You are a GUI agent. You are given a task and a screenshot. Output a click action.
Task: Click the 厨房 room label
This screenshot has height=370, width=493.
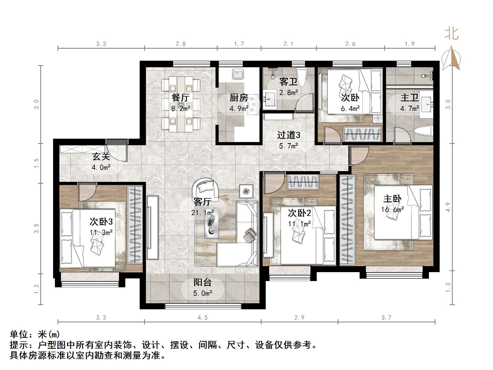pyautogui.click(x=239, y=98)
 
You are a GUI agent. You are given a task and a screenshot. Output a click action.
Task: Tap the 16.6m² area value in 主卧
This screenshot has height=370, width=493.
pyautogui.click(x=392, y=210)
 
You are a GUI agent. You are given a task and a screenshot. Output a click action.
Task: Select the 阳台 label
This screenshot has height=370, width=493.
pyautogui.click(x=202, y=282)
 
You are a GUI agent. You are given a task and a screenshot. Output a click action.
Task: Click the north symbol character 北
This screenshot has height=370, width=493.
pyautogui.click(x=452, y=34)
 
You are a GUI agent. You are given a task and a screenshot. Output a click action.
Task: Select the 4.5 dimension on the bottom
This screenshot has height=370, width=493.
pyautogui.click(x=202, y=318)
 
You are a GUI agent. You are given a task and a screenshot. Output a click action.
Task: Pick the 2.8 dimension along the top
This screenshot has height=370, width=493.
pyautogui.click(x=180, y=44)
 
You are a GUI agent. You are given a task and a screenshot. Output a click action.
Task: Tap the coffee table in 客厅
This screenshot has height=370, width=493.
pyautogui.click(x=211, y=223)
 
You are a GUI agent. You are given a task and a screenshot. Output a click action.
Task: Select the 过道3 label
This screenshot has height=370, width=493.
pyautogui.click(x=288, y=135)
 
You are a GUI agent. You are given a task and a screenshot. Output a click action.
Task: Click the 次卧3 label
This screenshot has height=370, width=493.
pyautogui.click(x=101, y=222)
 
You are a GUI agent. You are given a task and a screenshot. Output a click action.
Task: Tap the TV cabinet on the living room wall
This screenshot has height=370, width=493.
pyautogui.click(x=152, y=227)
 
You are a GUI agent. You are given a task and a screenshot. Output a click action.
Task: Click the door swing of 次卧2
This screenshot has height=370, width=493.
pyautogui.click(x=273, y=182)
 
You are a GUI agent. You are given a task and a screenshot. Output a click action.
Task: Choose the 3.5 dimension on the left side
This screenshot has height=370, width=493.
pyautogui.click(x=36, y=228)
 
